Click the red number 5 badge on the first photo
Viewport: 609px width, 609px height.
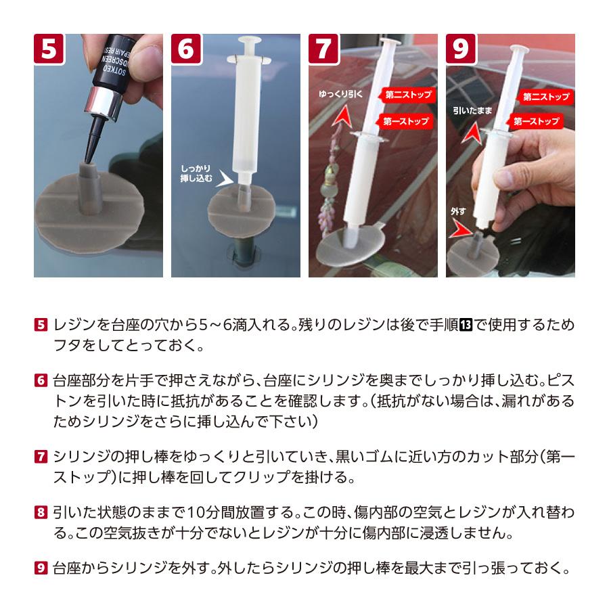[x=49, y=49]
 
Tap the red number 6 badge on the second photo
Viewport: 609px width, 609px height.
[x=186, y=49]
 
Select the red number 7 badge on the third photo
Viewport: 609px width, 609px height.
[x=323, y=49]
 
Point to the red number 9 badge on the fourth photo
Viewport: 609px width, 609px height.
[x=461, y=49]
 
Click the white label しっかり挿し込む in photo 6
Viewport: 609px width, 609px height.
[x=196, y=173]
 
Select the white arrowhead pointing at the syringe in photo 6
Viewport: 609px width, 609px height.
[x=225, y=178]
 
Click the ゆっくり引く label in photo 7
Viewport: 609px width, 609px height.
[x=340, y=94]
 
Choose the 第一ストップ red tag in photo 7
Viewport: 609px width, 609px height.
[x=405, y=121]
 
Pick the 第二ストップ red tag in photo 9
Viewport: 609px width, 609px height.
[x=544, y=97]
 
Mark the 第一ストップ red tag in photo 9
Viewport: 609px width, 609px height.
[x=535, y=122]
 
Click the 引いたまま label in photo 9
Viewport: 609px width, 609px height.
[x=472, y=111]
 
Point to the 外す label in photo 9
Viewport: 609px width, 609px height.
[x=458, y=211]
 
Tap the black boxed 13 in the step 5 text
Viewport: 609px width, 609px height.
[x=466, y=325]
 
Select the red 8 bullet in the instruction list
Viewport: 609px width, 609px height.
[x=41, y=512]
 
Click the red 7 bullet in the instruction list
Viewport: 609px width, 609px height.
[x=41, y=456]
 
